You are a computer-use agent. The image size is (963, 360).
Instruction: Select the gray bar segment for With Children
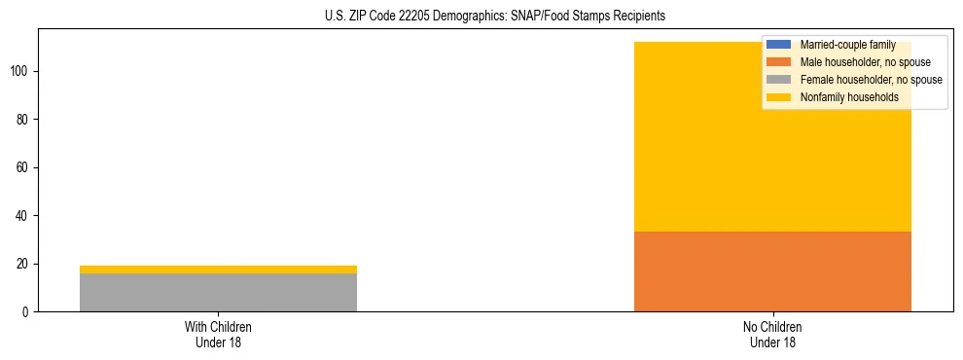[218, 292]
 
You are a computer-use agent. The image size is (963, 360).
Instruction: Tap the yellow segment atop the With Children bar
[218, 270]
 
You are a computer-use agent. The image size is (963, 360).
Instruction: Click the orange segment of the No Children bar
[772, 271]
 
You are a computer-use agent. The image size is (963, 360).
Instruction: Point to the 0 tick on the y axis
[27, 312]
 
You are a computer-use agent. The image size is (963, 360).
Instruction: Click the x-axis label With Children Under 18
[218, 334]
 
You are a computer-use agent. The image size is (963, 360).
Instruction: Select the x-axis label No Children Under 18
[772, 334]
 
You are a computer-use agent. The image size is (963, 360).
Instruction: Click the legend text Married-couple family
[847, 45]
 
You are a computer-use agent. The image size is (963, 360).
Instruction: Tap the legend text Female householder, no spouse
[871, 80]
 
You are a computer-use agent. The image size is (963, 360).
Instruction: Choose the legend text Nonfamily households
[849, 97]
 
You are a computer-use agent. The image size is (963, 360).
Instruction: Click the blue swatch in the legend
[779, 45]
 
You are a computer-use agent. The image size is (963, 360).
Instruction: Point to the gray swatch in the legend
[779, 80]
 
